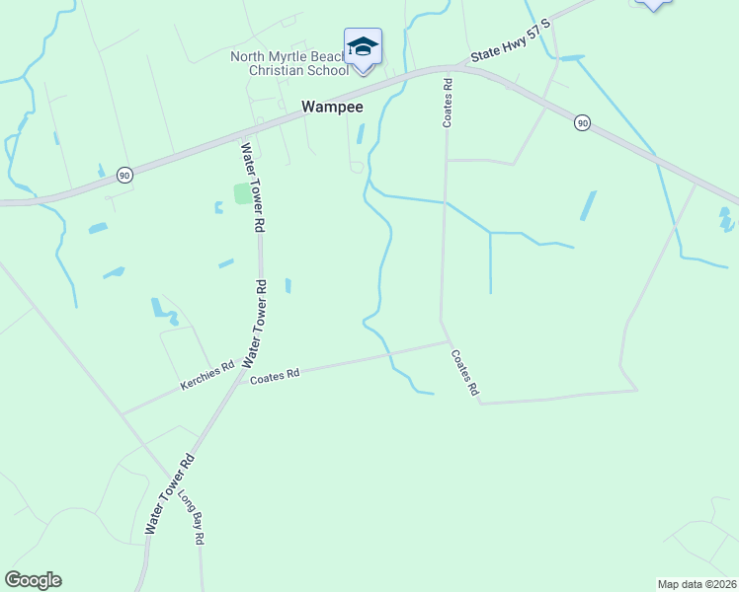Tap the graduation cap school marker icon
(x=363, y=47)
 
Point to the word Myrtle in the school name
(x=291, y=56)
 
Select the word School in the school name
(x=329, y=70)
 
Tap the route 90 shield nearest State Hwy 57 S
(x=583, y=122)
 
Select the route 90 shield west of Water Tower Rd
(x=123, y=174)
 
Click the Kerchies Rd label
(x=206, y=375)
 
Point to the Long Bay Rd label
(x=190, y=513)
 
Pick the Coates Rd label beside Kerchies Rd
(x=274, y=376)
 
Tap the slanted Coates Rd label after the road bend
(x=464, y=374)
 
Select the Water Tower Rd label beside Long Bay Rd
(x=170, y=494)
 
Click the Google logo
(x=33, y=580)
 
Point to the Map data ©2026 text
(x=697, y=583)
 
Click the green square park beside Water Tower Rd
(x=242, y=193)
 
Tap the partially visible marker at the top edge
(x=653, y=5)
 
